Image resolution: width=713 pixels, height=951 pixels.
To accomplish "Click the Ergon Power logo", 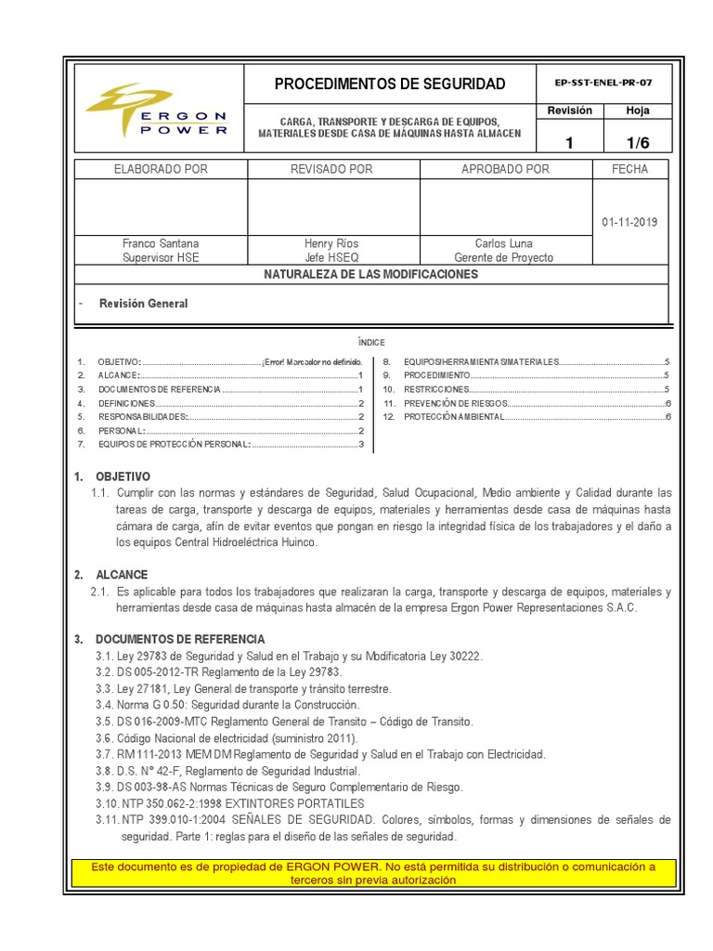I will tap(156, 111).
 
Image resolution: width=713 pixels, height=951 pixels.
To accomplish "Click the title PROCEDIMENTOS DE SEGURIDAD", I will tap(390, 85).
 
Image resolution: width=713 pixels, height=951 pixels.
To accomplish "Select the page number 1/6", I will tap(638, 142).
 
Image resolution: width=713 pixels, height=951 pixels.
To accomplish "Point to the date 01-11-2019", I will tap(629, 223).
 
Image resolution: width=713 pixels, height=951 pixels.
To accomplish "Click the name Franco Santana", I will tap(161, 243).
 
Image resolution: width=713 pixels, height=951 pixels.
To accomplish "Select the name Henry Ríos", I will tap(331, 243).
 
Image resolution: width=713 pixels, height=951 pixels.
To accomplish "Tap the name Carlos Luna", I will tap(503, 243).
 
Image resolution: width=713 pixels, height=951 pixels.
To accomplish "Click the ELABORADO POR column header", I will tap(161, 169).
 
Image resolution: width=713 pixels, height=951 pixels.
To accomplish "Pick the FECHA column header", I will tap(629, 169).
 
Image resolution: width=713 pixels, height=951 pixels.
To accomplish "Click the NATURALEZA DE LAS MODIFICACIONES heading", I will tap(370, 275).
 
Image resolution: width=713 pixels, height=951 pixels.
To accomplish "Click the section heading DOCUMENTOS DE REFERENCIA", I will tap(180, 640).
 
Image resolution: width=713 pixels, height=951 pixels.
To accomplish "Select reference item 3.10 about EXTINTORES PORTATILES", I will tap(230, 803).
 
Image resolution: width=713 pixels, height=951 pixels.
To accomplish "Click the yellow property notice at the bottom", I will tap(371, 873).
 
